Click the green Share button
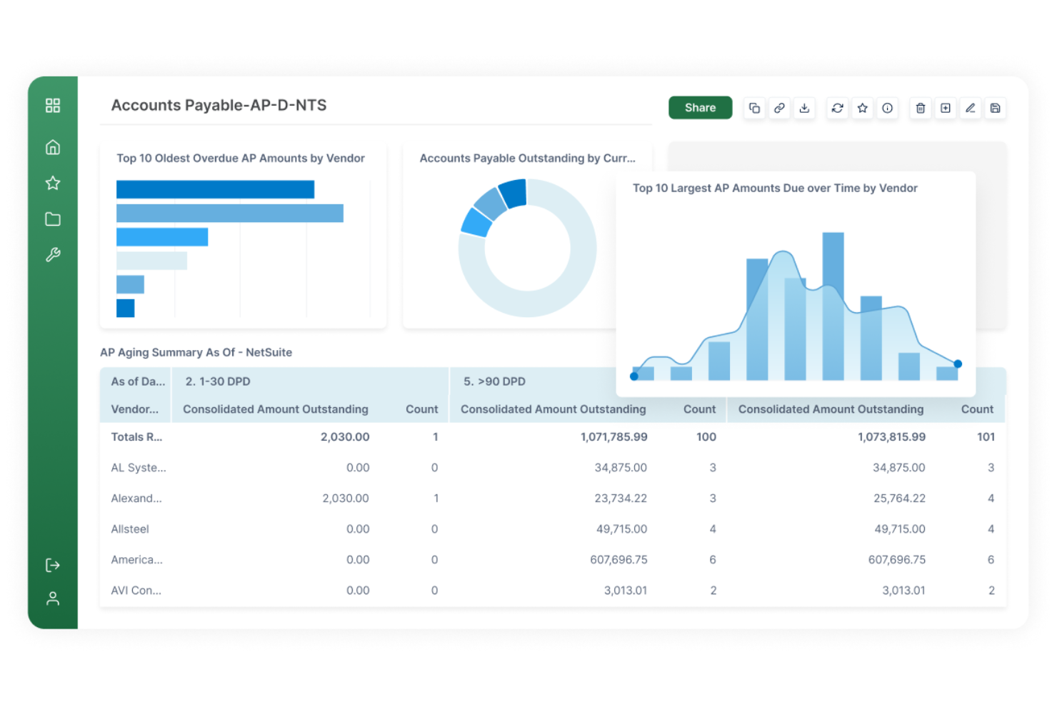(x=700, y=108)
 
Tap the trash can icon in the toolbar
(x=920, y=108)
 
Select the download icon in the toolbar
(x=804, y=108)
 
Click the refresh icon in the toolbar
(x=837, y=108)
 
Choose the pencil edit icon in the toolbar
(x=970, y=108)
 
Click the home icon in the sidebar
(x=53, y=147)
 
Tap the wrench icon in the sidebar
(x=53, y=255)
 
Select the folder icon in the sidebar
(x=53, y=219)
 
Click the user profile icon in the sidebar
(x=53, y=599)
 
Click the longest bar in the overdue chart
(x=229, y=213)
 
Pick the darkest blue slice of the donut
(x=514, y=193)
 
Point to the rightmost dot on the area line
(x=958, y=364)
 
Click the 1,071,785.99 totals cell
(x=613, y=437)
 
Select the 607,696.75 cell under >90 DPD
(x=618, y=560)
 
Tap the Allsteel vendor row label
(x=130, y=529)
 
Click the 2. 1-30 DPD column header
(x=218, y=381)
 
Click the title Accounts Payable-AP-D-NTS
(x=219, y=105)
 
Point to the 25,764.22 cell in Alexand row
(x=899, y=499)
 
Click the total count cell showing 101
(x=986, y=437)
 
